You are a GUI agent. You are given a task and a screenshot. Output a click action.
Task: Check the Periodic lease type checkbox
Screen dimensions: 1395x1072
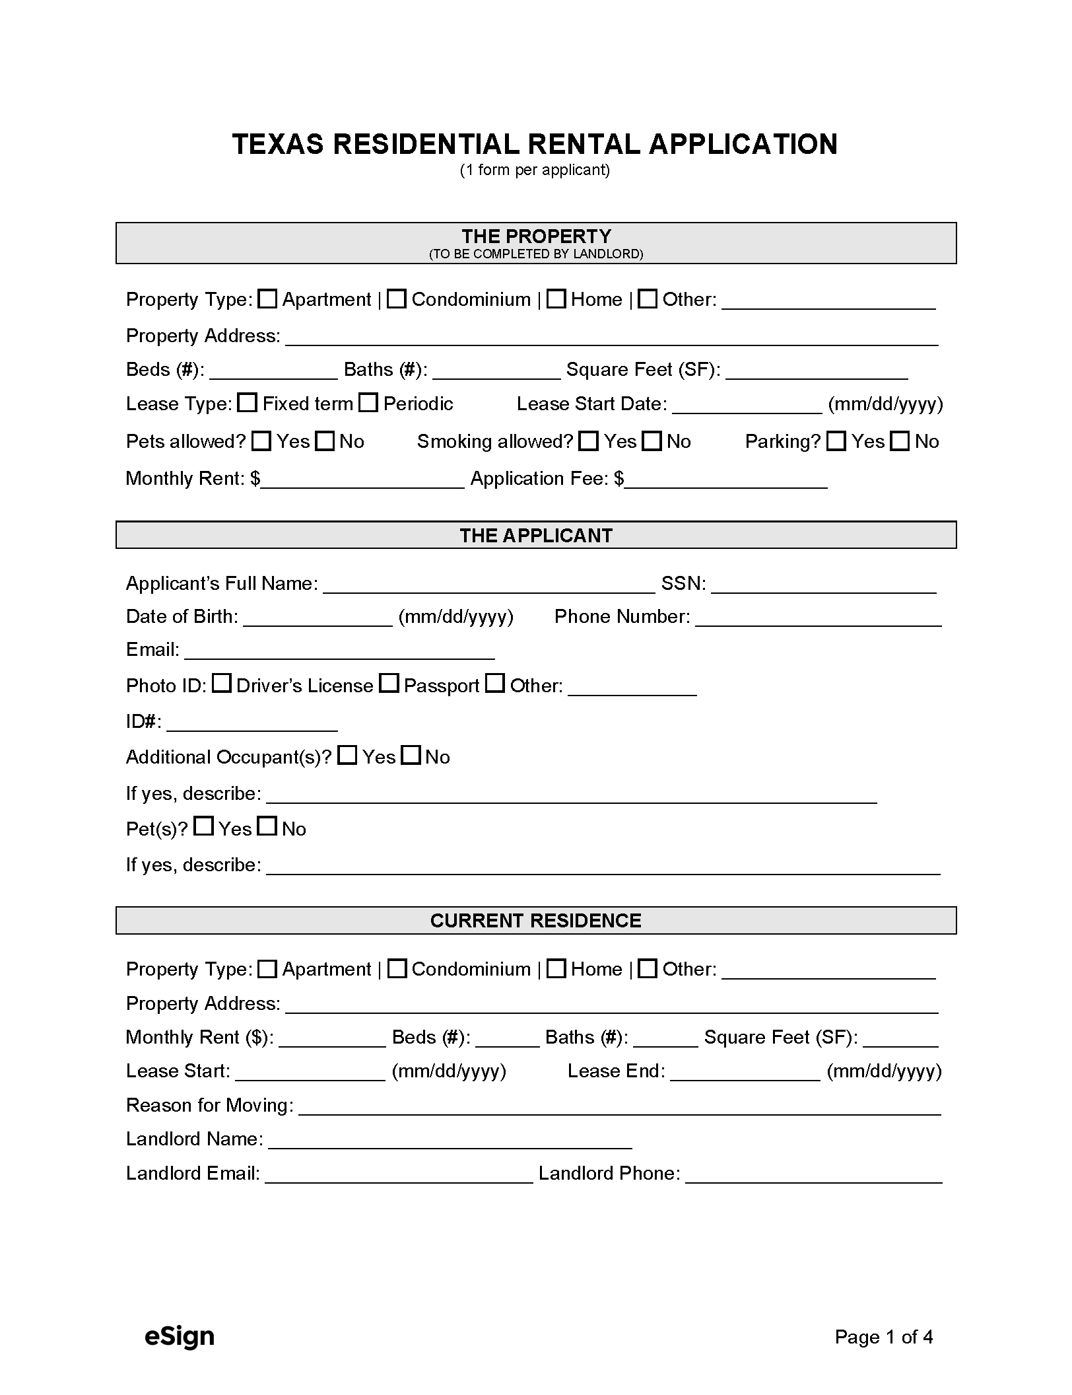coord(368,403)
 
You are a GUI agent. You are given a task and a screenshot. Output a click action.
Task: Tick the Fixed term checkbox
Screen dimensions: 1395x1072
coord(248,403)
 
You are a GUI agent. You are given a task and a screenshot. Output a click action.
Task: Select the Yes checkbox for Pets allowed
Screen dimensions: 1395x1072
coord(262,441)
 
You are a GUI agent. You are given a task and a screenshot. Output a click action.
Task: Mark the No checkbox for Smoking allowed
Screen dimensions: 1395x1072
coord(652,441)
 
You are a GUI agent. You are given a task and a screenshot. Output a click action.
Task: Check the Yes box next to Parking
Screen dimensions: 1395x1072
coord(836,441)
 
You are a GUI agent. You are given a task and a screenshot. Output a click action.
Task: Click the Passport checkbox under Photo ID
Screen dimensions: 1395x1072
coord(390,684)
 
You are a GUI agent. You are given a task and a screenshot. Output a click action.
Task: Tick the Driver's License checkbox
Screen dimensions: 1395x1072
coord(222,684)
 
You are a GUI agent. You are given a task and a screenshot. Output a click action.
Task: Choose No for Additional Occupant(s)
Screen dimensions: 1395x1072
coord(411,755)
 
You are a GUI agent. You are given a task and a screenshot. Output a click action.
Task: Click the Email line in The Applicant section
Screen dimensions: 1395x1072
coord(339,651)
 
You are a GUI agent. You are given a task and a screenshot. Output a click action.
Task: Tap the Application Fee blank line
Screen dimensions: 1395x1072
coord(726,480)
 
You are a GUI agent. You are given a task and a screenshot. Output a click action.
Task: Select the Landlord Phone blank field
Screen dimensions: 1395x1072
coord(813,1175)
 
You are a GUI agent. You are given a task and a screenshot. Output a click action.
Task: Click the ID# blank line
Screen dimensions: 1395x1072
coord(252,723)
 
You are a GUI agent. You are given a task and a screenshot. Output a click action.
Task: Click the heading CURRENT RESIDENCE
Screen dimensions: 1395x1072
coord(535,921)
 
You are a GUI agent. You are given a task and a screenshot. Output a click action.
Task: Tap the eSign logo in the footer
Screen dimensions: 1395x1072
coord(180,1336)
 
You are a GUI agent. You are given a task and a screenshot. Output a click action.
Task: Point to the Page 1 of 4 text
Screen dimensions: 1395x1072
coord(883,1337)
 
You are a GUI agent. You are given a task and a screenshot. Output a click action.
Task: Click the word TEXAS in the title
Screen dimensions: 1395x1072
coord(278,144)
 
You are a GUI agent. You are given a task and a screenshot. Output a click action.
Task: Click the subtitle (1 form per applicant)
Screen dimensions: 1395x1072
coord(535,170)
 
